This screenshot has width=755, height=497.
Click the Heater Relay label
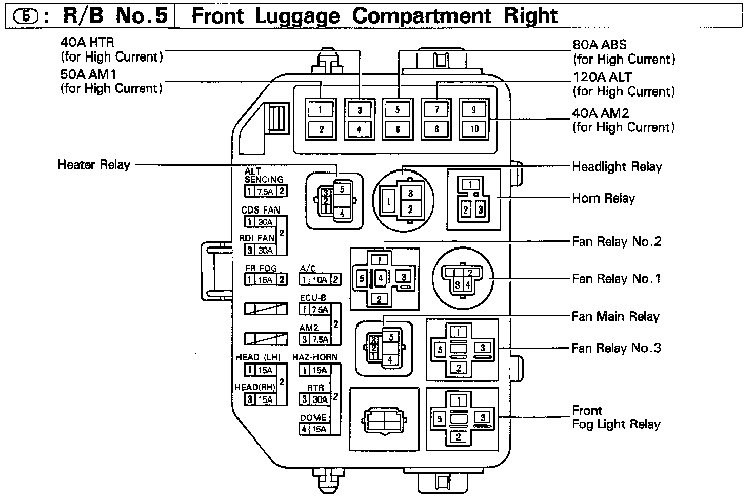click(x=94, y=165)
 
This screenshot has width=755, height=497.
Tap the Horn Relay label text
click(x=603, y=198)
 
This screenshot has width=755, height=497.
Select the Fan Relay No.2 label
click(x=617, y=241)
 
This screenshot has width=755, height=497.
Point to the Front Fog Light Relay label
click(x=616, y=417)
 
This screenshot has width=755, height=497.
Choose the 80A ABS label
click(x=600, y=45)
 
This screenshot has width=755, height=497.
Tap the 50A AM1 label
click(x=88, y=74)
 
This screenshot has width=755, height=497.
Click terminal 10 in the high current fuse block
click(x=474, y=128)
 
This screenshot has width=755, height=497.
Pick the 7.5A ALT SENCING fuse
click(x=265, y=192)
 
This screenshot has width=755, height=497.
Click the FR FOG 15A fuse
click(x=266, y=280)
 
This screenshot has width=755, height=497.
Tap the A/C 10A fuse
click(x=320, y=280)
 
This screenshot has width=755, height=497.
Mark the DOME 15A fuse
click(x=319, y=429)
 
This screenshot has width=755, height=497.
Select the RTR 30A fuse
click(x=319, y=399)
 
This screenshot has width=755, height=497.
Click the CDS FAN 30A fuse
click(x=265, y=222)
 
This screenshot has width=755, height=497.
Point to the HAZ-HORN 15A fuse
click(x=319, y=370)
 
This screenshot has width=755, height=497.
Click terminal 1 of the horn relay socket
click(x=471, y=184)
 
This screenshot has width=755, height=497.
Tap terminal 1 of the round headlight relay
click(x=388, y=202)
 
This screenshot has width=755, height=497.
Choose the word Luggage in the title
click(x=297, y=15)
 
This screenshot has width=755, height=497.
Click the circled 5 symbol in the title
click(x=25, y=16)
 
